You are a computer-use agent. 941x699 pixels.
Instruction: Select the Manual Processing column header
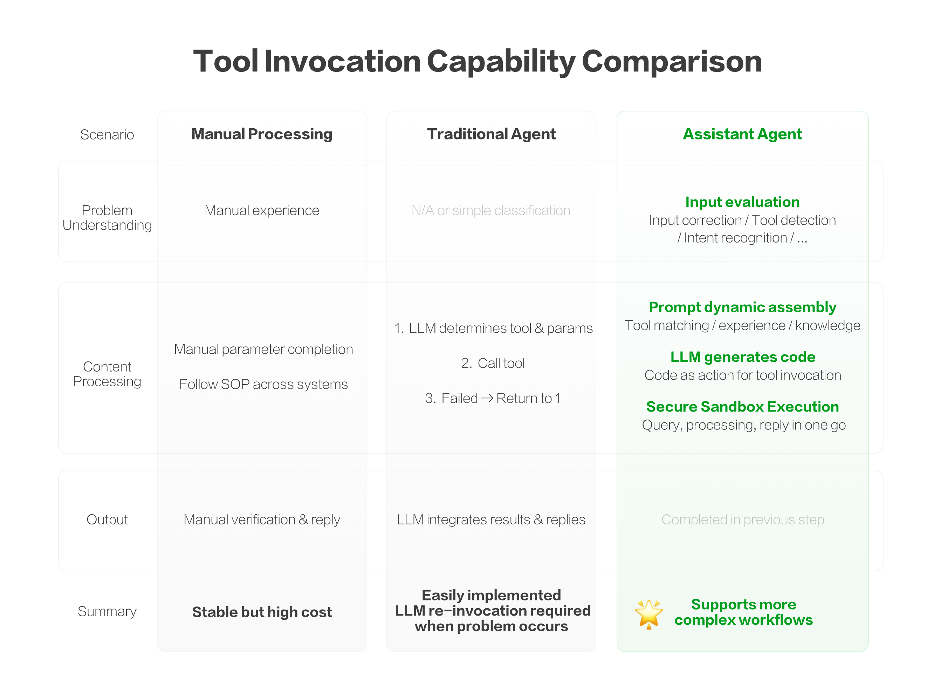262,134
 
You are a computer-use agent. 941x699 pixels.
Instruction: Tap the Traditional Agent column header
491,134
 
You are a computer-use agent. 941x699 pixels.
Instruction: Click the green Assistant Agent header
742,134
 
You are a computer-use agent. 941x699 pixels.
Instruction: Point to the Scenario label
107,135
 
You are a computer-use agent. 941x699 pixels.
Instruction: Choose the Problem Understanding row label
107,217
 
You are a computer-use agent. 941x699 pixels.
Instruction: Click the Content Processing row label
107,374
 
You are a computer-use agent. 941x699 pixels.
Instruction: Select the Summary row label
107,611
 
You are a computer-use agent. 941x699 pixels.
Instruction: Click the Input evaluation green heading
742,202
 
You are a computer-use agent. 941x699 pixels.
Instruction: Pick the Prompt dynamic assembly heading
742,307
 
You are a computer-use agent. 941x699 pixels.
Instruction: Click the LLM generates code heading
742,357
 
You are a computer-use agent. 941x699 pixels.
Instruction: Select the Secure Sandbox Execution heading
742,407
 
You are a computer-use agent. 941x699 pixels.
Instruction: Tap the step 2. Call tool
493,363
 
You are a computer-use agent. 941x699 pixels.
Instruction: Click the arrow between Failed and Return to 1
487,398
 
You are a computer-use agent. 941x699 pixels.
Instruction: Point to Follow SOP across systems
263,384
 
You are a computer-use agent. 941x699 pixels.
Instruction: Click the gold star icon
648,613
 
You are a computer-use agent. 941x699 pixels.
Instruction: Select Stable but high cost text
262,612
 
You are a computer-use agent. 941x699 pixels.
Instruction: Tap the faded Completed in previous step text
742,520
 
